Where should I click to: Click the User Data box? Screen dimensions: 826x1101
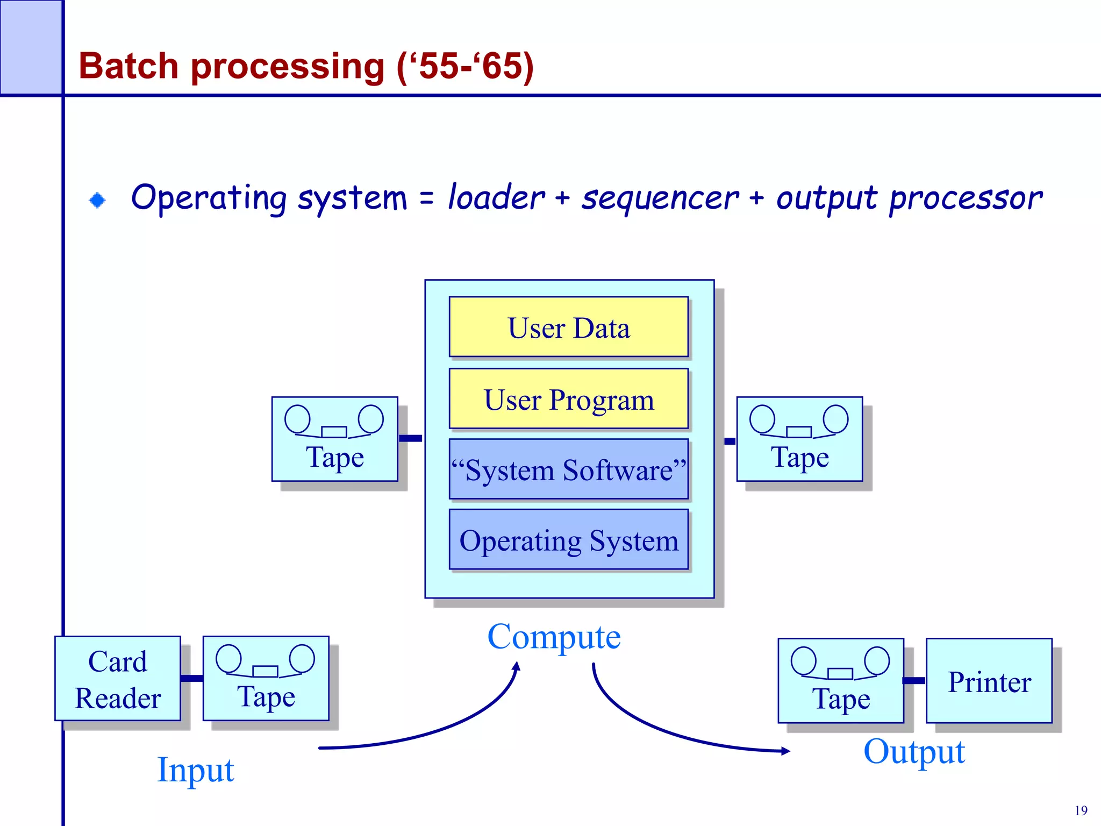pos(568,327)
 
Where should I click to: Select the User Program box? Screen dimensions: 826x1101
pos(568,398)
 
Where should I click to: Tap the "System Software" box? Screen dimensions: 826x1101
pos(568,469)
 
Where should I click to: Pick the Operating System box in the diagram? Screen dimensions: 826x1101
pos(568,539)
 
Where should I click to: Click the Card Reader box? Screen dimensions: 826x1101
pos(117,679)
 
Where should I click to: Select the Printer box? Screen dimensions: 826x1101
pos(989,681)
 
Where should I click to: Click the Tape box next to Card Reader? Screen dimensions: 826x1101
pos(266,679)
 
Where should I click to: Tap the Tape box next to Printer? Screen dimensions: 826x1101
pos(840,681)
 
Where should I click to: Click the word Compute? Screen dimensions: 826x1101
pos(554,637)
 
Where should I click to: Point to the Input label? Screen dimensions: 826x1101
pos(195,770)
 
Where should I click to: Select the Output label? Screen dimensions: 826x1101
pos(914,751)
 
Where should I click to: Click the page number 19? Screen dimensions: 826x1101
pos(1081,810)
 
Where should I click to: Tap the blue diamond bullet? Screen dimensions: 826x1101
pos(97,200)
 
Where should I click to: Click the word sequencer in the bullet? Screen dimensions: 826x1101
pos(660,197)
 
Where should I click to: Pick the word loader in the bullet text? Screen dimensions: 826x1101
pos(496,197)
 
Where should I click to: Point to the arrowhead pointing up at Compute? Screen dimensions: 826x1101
pos(517,667)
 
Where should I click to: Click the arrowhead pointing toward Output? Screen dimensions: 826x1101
pos(785,751)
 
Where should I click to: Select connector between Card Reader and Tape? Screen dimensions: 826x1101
pos(192,678)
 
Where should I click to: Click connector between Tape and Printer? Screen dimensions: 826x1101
pos(914,681)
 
